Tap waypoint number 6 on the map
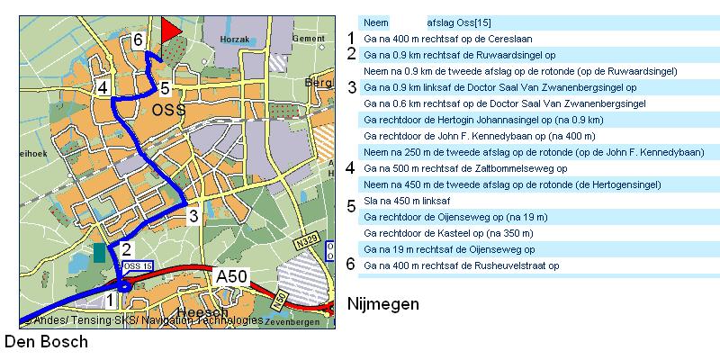(x=137, y=40)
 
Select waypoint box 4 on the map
(x=103, y=87)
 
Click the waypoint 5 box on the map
(x=165, y=88)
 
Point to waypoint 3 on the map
(x=193, y=216)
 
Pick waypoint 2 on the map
(x=127, y=250)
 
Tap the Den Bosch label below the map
(x=47, y=342)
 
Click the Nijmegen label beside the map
(x=383, y=304)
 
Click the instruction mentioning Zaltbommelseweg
(x=464, y=167)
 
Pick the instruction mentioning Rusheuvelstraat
(x=461, y=265)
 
